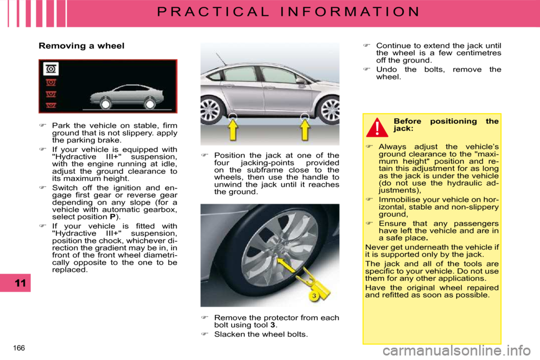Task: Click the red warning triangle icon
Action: [x=377, y=128]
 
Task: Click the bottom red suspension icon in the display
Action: [x=51, y=105]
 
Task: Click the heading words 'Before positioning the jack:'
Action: [x=445, y=124]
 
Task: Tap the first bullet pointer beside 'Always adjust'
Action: [x=370, y=147]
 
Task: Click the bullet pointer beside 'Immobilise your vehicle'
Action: [x=370, y=200]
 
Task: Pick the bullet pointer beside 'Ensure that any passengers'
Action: [x=370, y=223]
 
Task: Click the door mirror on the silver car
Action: [x=301, y=81]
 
